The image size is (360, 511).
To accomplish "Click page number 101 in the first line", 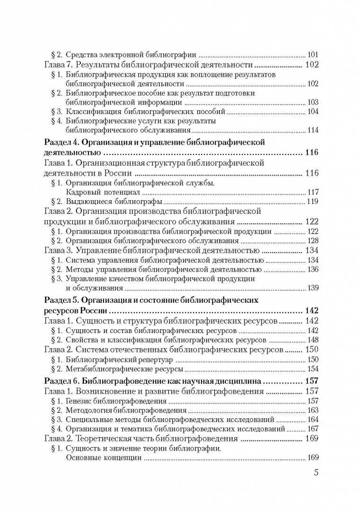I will [x=313, y=54].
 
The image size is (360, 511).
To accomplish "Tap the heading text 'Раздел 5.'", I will [x=61, y=300].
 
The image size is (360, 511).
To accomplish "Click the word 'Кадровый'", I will [x=82, y=192].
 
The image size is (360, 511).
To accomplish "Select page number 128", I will [x=313, y=241].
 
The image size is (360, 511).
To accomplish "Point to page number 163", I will [x=313, y=410].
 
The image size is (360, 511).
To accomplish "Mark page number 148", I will [x=313, y=340].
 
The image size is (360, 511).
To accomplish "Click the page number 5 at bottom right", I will [x=316, y=473].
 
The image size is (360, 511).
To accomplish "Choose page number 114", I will [x=313, y=131].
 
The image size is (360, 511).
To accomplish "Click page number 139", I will [x=313, y=288].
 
